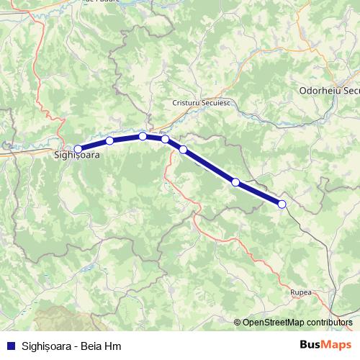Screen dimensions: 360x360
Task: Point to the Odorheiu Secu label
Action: click(328, 91)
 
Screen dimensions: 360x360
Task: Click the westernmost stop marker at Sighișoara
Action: click(78, 149)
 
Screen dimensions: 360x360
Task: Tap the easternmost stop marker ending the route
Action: click(282, 204)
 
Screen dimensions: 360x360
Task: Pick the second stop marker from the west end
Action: click(109, 141)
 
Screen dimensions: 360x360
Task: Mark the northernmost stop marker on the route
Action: click(143, 136)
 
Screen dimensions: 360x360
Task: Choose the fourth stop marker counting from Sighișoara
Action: click(165, 139)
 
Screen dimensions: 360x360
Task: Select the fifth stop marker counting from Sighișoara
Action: click(183, 150)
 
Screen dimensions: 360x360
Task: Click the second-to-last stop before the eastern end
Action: click(235, 182)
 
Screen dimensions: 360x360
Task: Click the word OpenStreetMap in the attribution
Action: click(274, 322)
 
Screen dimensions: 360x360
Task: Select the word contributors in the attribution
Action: click(329, 322)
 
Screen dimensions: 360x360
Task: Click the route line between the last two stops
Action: click(259, 194)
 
